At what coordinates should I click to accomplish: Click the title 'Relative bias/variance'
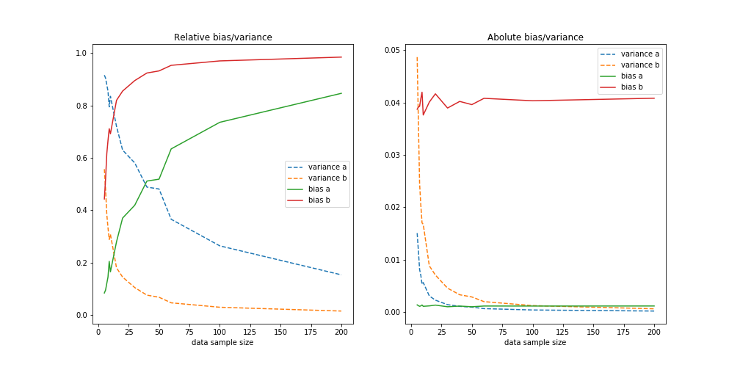tap(222, 37)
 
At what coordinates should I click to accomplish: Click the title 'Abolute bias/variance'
tap(535, 37)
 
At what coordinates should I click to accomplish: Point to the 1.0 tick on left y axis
tap(82, 53)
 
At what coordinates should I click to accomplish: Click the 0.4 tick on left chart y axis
tap(82, 211)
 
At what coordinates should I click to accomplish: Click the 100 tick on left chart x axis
tap(220, 332)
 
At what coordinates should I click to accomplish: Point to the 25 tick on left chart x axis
tap(128, 332)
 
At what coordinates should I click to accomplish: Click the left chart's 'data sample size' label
tap(222, 343)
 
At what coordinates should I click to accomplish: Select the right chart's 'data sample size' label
tap(535, 343)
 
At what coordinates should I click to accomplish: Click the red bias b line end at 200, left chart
tap(341, 57)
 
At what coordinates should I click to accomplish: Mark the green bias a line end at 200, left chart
tap(341, 93)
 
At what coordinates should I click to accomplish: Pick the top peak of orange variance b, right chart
tap(417, 57)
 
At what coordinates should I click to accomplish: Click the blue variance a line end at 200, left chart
tap(341, 275)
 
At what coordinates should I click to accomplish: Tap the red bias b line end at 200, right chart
tap(654, 98)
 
